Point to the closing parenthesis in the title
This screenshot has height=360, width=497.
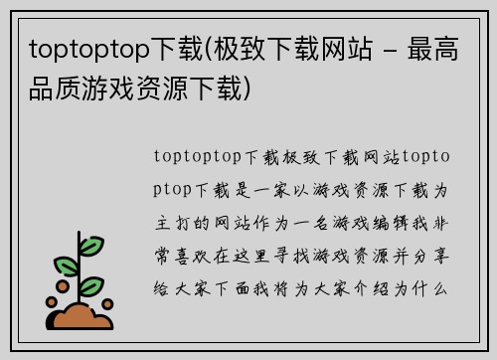(x=260, y=90)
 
